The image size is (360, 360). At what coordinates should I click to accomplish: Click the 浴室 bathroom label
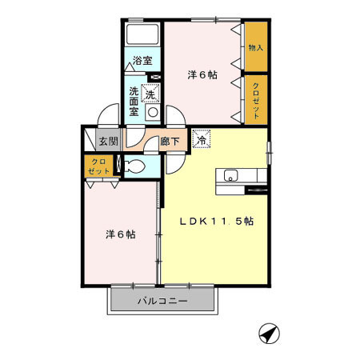point(142,61)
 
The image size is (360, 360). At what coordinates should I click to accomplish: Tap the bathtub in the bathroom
point(142,34)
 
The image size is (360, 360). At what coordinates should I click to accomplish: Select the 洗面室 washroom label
point(134,101)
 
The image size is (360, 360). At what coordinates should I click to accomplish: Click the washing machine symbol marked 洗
point(150,94)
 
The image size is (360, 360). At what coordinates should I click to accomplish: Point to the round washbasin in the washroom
point(153,112)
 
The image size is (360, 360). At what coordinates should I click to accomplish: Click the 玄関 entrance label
point(109,141)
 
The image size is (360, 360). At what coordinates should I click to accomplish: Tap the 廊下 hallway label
point(170,141)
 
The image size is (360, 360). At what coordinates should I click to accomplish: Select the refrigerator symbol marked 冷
point(202,138)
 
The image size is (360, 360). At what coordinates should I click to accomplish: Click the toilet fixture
point(134,166)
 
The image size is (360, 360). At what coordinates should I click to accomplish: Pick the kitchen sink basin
point(230,175)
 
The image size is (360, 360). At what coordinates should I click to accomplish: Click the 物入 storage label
point(256,48)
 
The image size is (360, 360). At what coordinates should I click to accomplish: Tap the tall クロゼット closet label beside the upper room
point(256,101)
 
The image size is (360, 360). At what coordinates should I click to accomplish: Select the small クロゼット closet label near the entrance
point(98,166)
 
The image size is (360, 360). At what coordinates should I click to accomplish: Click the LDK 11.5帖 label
point(217,221)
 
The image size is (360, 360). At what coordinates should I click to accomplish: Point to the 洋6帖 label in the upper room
point(202,75)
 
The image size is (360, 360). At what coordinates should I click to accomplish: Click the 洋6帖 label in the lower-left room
point(121,234)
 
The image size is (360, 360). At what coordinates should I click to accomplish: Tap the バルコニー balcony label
point(162,301)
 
